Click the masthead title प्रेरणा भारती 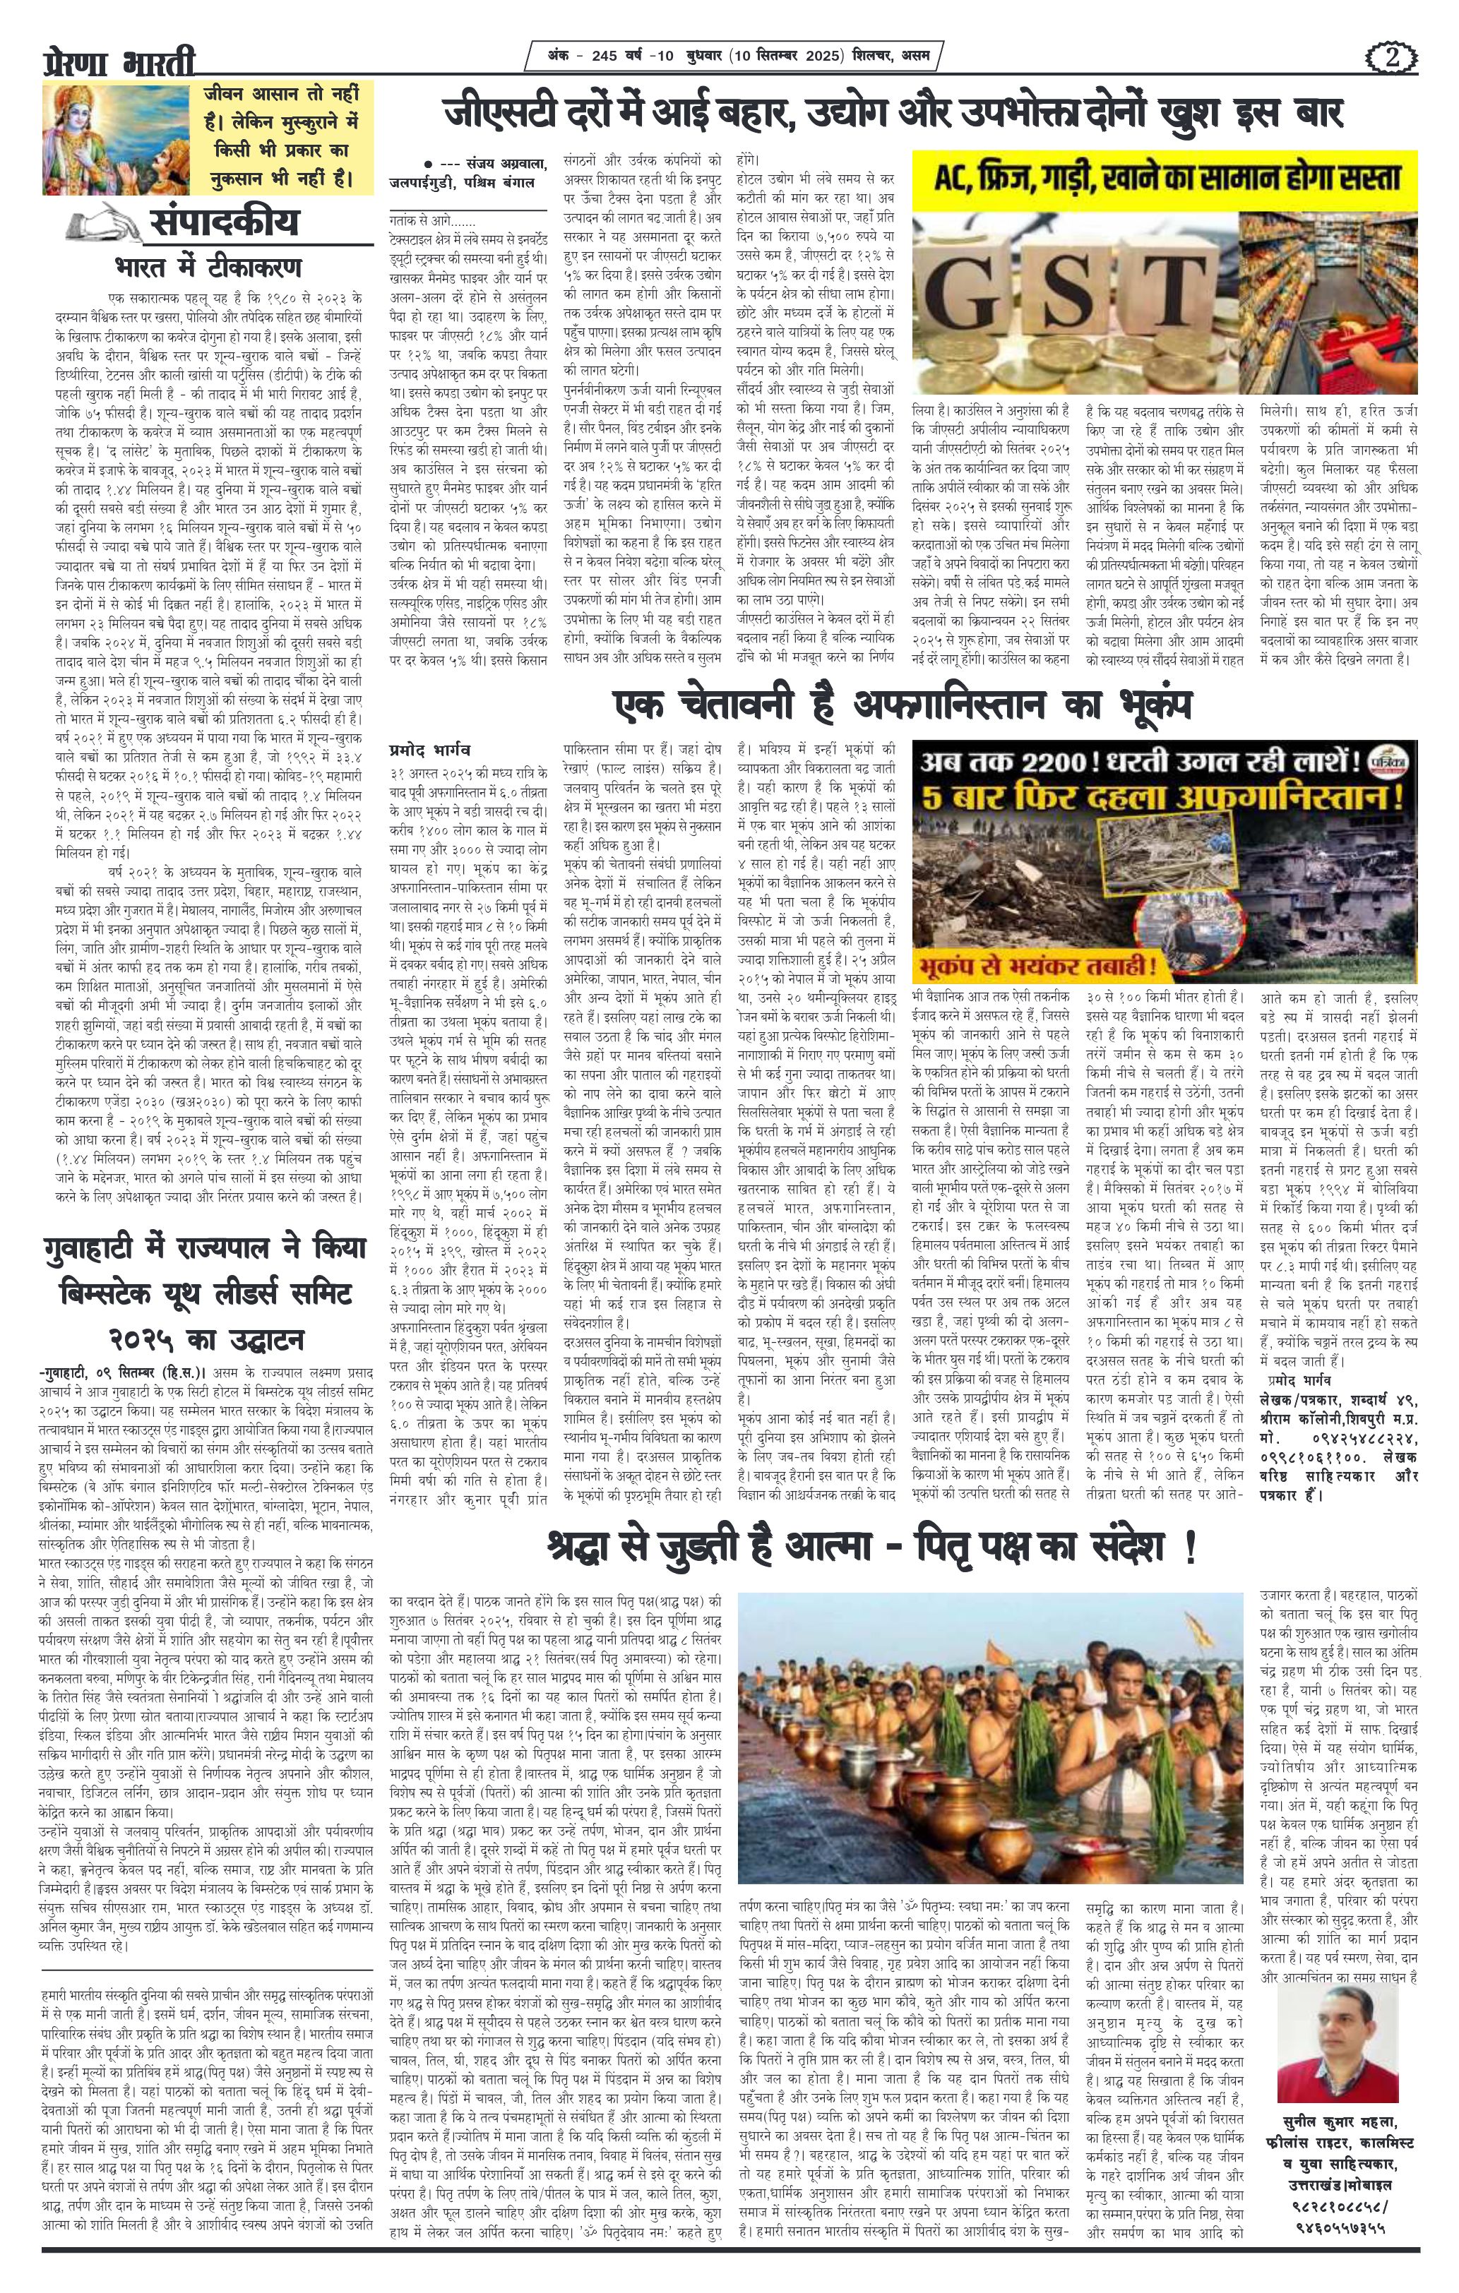coord(119,63)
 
